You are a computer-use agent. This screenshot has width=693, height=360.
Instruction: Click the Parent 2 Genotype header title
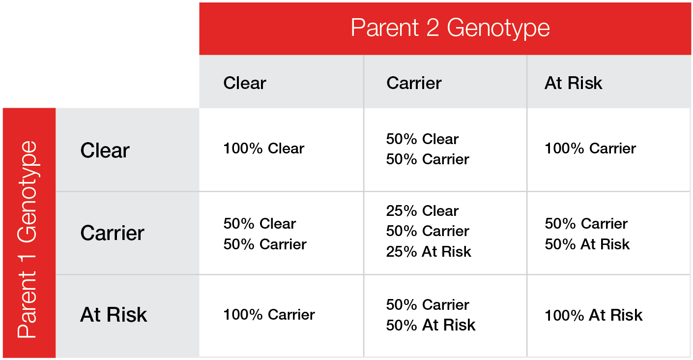coord(450,29)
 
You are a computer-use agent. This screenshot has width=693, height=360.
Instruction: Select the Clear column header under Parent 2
coord(245,83)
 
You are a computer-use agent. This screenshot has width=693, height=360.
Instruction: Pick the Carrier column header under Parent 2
coord(414,83)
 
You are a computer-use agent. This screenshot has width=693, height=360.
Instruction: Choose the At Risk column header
coord(573,83)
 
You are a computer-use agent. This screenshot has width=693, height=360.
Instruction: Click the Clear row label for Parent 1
coord(105,150)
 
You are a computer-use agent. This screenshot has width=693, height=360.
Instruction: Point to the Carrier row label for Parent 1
coord(112,233)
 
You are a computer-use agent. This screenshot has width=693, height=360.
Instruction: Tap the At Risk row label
coord(114,314)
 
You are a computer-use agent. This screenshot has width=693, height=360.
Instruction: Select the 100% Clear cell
coord(264,148)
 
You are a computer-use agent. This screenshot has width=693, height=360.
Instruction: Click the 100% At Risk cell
coord(594,315)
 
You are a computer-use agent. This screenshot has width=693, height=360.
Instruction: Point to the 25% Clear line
coord(422,211)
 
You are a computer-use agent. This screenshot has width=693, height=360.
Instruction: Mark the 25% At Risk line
coord(429,251)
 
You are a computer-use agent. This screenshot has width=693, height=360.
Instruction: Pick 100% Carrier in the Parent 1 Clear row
coord(590,148)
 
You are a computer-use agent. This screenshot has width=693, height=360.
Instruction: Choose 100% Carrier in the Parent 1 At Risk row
coord(269,314)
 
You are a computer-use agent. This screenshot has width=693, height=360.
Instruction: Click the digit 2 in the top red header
coord(433,28)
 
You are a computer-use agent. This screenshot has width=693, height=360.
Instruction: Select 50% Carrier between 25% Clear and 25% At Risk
coord(428,231)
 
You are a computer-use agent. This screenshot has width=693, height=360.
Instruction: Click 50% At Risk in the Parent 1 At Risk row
coord(431,325)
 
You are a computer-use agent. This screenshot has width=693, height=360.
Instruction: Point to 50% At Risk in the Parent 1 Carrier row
coord(587,244)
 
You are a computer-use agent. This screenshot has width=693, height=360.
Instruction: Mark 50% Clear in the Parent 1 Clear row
coord(422,139)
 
